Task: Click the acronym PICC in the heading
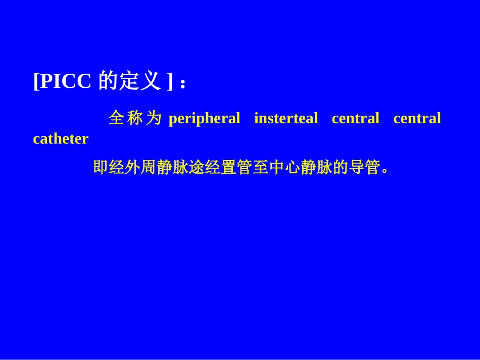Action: [x=65, y=81]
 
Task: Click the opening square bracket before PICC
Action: [x=36, y=81]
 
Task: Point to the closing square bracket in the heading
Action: [x=170, y=81]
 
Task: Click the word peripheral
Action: [x=204, y=119]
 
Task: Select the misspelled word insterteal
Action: [x=286, y=119]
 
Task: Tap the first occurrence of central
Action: [x=355, y=119]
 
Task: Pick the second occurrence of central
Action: [x=417, y=119]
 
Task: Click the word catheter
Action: [x=61, y=139]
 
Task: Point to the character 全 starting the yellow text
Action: [x=116, y=118]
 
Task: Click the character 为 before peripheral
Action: [x=154, y=118]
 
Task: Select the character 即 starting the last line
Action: [x=101, y=167]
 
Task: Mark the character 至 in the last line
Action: [x=260, y=167]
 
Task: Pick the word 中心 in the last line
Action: [x=284, y=167]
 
